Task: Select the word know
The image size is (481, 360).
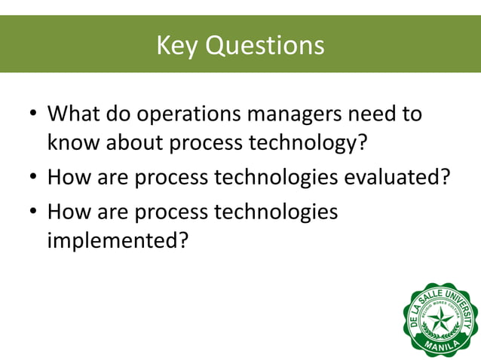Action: tap(73, 142)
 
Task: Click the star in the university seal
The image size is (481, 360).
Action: tap(440, 320)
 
